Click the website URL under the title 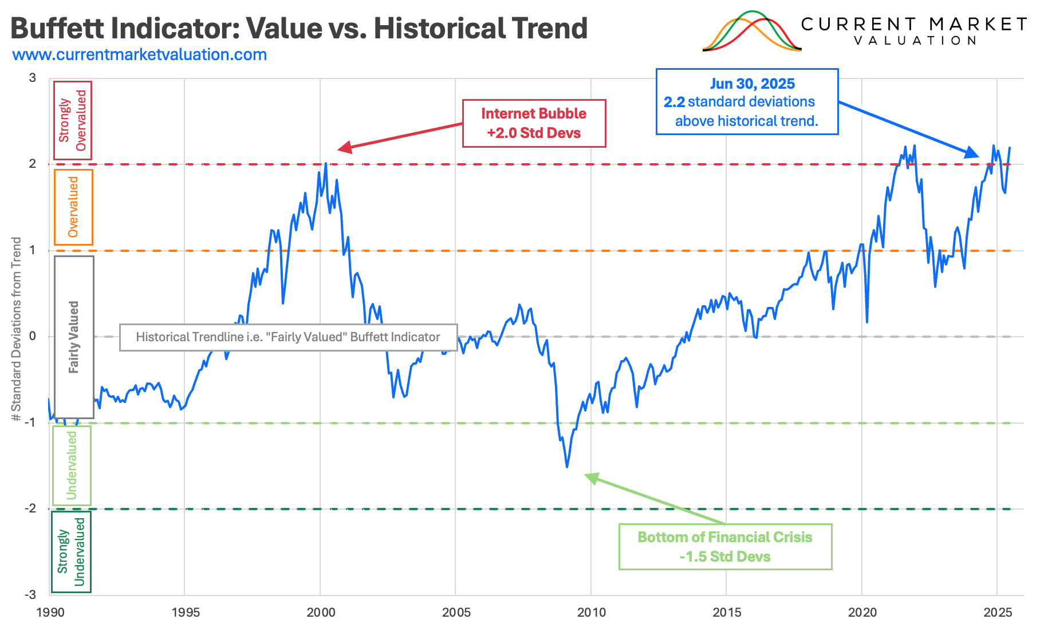click(x=140, y=55)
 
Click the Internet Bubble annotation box click(x=534, y=123)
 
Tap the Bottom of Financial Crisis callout click(x=725, y=547)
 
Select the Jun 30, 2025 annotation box click(x=747, y=102)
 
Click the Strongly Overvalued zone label click(x=73, y=120)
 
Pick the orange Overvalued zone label click(x=73, y=207)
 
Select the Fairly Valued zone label click(x=74, y=337)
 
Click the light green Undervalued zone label click(x=72, y=465)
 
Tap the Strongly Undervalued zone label click(x=71, y=551)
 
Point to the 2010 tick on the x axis click(x=591, y=612)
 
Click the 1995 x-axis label click(x=186, y=612)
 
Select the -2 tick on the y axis click(x=30, y=508)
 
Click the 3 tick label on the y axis click(x=33, y=78)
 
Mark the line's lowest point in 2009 click(x=567, y=467)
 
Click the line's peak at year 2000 click(x=326, y=164)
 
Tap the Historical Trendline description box click(x=288, y=337)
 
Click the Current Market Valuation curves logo click(x=751, y=31)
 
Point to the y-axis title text click(x=17, y=329)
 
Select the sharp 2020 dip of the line click(x=867, y=322)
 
